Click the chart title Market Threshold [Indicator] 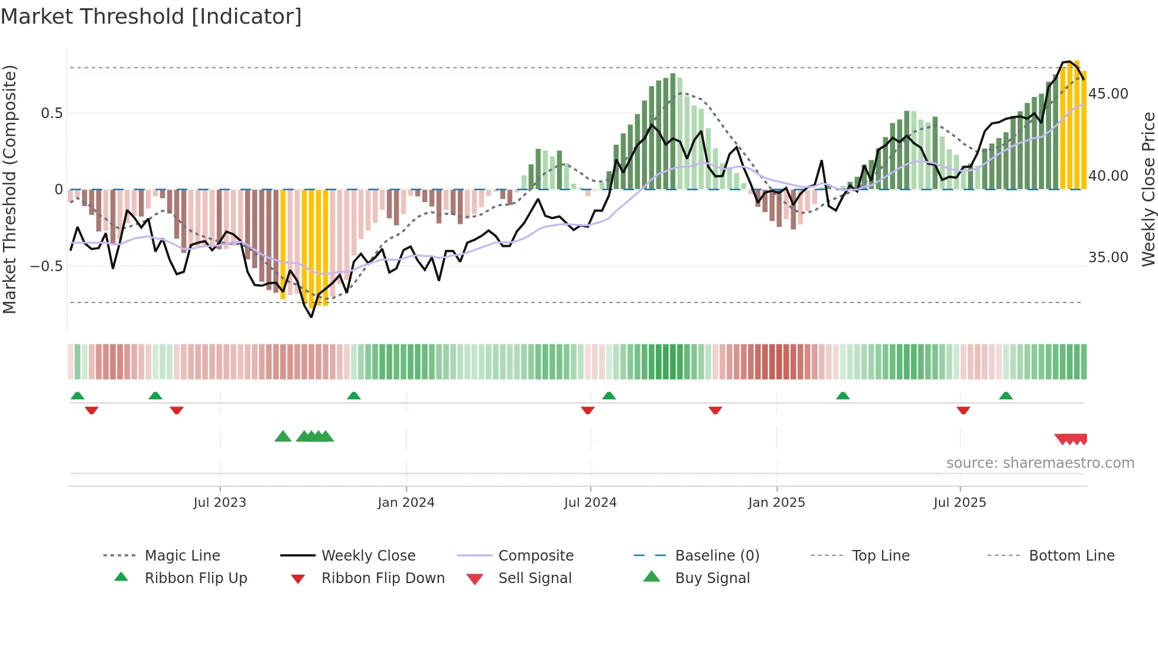point(151,17)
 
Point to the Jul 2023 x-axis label point(220,503)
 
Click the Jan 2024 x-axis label point(406,503)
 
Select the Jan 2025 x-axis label point(776,503)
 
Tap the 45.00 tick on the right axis point(1108,94)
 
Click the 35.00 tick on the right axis point(1108,258)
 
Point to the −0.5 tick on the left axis point(47,266)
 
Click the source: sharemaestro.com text point(1040,463)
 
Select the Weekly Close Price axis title point(1148,189)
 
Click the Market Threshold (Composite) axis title point(9,189)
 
